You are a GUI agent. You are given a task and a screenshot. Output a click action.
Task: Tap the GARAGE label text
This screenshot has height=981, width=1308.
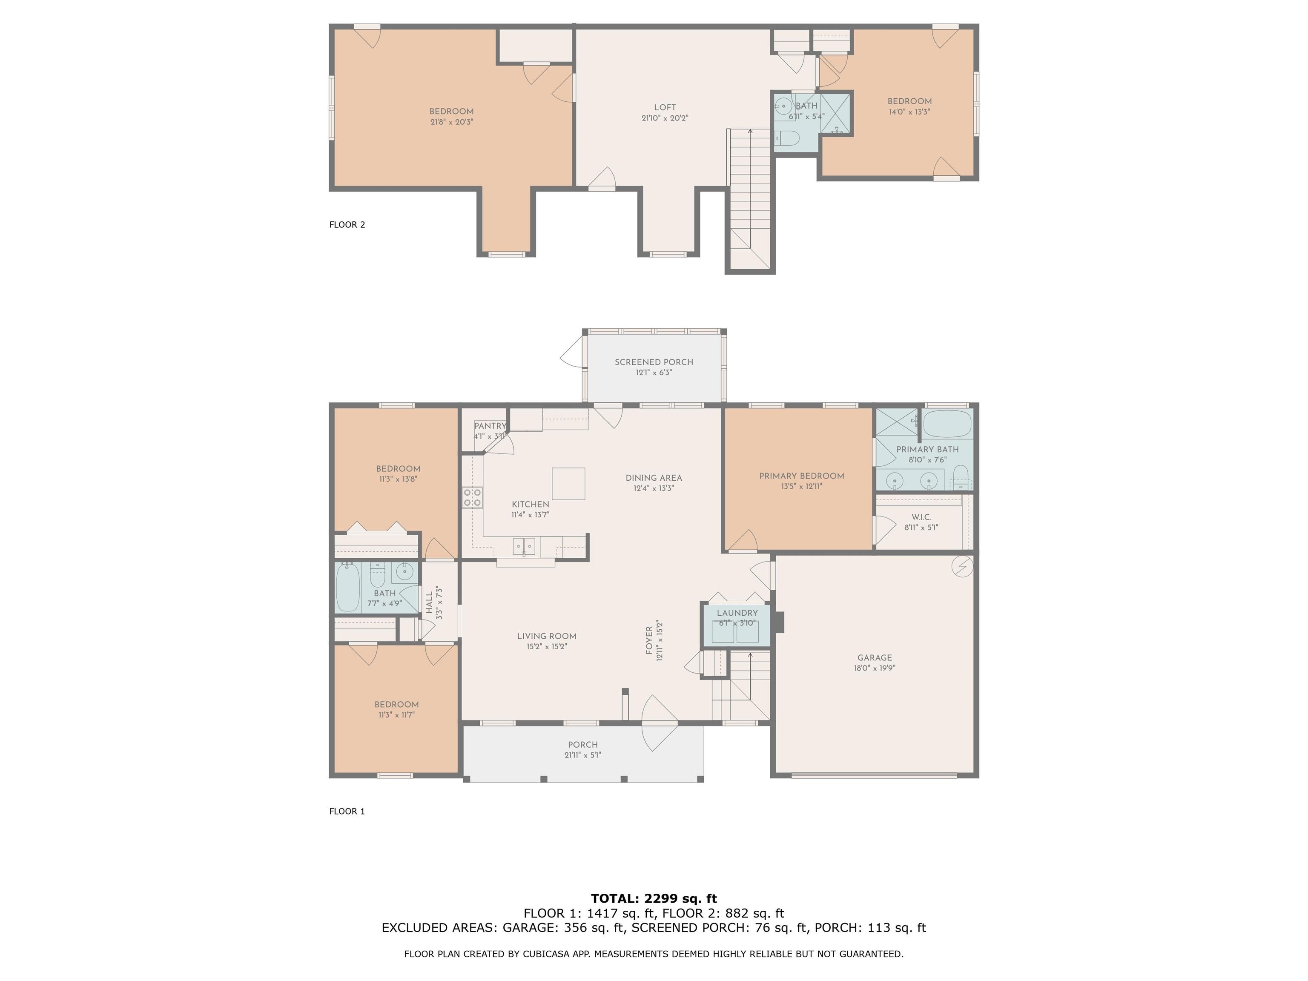pos(875,657)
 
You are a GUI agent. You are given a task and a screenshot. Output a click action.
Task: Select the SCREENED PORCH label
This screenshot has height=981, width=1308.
pos(654,362)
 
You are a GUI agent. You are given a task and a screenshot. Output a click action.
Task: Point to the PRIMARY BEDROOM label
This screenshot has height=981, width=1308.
pos(802,476)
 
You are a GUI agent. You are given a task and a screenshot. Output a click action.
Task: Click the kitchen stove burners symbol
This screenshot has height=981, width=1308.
pos(472,497)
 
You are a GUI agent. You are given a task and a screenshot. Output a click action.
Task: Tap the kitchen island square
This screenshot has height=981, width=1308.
pos(568,484)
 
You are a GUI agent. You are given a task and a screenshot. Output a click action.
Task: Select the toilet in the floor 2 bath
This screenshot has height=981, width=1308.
pos(787,138)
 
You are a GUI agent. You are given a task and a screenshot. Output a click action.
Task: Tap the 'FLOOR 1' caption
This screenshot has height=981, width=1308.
pos(347,811)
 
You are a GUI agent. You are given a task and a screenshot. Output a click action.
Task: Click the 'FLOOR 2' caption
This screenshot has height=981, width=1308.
pos(347,225)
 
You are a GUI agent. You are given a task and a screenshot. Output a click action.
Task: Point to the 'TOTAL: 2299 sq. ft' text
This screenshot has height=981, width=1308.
pos(654,899)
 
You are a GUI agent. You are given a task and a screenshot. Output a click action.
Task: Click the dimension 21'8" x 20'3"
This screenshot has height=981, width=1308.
pos(452,122)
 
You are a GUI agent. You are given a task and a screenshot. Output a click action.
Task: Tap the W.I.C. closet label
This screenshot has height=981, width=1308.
pos(921,517)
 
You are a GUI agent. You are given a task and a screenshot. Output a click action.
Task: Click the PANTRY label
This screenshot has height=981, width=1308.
pos(490,426)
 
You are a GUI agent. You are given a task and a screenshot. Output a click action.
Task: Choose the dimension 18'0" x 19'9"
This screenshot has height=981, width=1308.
pos(875,668)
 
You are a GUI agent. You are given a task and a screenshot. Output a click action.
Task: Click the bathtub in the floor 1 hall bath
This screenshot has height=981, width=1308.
pos(348,588)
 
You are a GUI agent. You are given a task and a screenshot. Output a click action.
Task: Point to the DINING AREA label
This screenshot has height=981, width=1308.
pos(654,478)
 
